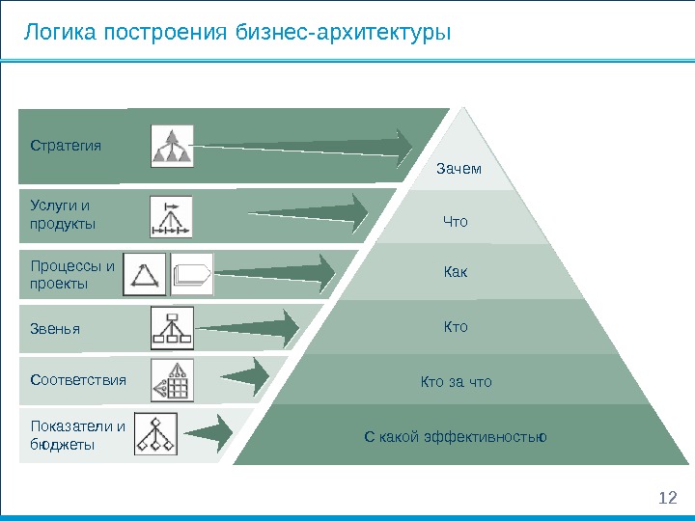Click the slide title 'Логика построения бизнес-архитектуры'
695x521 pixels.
pos(237,34)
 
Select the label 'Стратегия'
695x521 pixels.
pos(66,146)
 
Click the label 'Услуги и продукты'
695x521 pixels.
pos(63,214)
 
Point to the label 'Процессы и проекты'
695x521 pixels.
pos(72,275)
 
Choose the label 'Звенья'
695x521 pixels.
pos(55,329)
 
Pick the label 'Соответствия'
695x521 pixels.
pos(78,380)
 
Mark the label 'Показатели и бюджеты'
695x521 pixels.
pos(77,435)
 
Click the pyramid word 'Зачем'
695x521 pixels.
pos(459,170)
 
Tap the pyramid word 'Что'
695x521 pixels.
pos(455,222)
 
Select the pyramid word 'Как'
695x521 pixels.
pos(456,274)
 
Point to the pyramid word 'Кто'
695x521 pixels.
pos(456,327)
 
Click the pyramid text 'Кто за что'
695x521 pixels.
pos(456,382)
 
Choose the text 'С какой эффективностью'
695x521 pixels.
pos(456,437)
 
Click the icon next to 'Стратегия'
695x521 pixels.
pos(173,145)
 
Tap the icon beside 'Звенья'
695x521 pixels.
pos(173,328)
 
